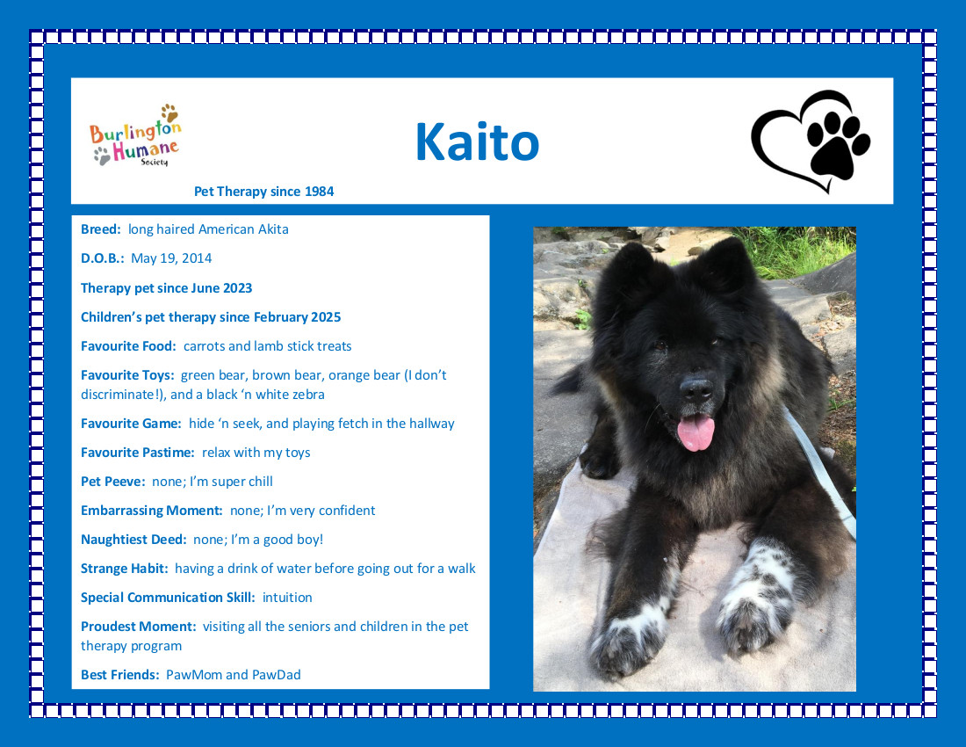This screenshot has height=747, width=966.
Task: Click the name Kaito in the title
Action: pos(478,141)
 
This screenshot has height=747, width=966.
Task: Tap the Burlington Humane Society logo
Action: pos(136,135)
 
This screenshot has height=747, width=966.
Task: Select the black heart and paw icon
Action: pos(811,141)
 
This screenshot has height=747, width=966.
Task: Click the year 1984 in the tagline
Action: pos(319,191)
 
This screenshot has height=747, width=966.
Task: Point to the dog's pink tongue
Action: pos(696,432)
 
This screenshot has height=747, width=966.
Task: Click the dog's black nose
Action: pos(696,389)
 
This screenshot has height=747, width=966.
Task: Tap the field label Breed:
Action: pos(100,229)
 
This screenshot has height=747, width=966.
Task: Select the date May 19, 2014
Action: pos(171,258)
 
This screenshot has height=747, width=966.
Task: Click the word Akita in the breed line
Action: pos(273,229)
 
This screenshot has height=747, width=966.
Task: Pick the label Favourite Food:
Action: pos(128,345)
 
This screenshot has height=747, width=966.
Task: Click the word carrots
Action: pos(204,346)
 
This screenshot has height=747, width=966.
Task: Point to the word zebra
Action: pos(306,395)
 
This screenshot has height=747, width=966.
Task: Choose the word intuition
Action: pos(287,598)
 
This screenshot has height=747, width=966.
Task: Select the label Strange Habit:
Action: pos(124,569)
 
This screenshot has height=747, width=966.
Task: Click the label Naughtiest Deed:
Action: pos(133,540)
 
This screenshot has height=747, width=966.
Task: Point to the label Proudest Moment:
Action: pos(138,627)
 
